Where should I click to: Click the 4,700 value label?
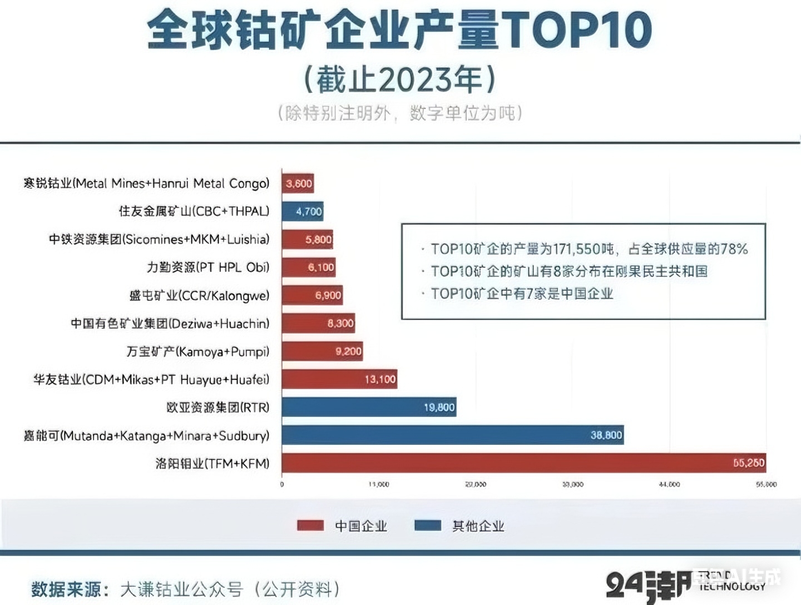pyautogui.click(x=309, y=211)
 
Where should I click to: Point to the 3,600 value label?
pyautogui.click(x=299, y=184)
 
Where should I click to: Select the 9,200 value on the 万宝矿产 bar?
pyautogui.click(x=348, y=351)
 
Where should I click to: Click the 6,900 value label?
pyautogui.click(x=328, y=295)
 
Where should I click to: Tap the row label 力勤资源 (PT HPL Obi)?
pyautogui.click(x=208, y=267)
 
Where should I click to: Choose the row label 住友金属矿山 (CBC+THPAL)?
pyautogui.click(x=194, y=211)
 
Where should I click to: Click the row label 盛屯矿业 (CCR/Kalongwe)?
pyautogui.click(x=199, y=295)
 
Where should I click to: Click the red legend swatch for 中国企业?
pyautogui.click(x=310, y=525)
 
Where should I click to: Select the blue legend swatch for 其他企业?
pyautogui.click(x=428, y=525)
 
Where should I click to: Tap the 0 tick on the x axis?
pyautogui.click(x=282, y=484)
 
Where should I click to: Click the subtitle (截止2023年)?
pyautogui.click(x=399, y=80)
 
